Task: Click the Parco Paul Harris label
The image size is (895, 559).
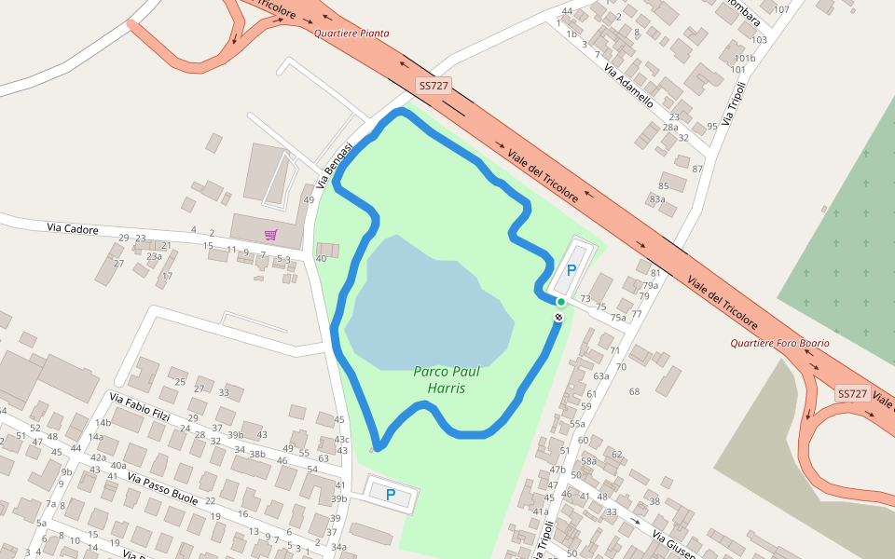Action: coord(440,379)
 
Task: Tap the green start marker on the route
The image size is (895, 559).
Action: coord(561,302)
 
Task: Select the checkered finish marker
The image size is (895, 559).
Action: coord(558,319)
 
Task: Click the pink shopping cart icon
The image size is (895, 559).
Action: coord(270,235)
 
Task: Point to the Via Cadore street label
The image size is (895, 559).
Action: coord(73,228)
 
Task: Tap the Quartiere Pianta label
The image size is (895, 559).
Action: coord(351,34)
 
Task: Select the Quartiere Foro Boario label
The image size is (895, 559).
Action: coord(778,343)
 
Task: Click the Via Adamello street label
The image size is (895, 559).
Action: coord(627,85)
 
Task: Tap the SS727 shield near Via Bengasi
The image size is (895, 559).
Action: coord(434,86)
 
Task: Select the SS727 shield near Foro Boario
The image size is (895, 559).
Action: coord(852,394)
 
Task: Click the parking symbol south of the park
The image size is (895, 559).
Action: coord(391,495)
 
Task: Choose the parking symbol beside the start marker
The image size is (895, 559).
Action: coord(571,270)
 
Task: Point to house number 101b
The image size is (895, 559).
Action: coord(744,58)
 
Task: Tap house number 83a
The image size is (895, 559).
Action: coord(657,198)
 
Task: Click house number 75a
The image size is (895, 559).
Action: coord(618,318)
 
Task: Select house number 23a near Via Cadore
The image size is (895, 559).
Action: coord(154,256)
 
